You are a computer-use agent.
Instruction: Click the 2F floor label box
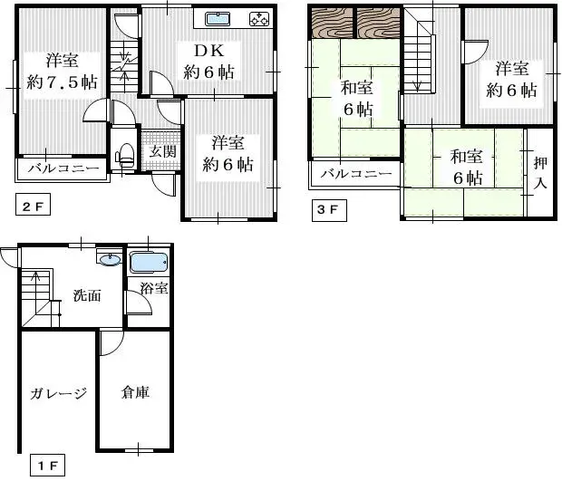click(x=32, y=207)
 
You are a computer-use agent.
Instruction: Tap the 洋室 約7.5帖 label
click(x=63, y=71)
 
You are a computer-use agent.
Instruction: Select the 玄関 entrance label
click(x=163, y=152)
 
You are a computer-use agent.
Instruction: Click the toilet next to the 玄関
click(x=125, y=155)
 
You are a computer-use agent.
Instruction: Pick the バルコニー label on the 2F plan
click(x=63, y=168)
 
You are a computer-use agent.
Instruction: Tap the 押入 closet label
click(x=539, y=173)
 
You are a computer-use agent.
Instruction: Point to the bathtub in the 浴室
click(x=148, y=263)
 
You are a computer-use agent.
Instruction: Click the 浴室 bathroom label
click(x=152, y=289)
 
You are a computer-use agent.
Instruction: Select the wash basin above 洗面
click(x=110, y=261)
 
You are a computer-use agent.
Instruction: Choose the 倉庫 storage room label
click(x=135, y=392)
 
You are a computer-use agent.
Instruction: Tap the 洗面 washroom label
click(x=87, y=295)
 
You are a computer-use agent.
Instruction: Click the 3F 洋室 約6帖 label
click(x=511, y=80)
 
